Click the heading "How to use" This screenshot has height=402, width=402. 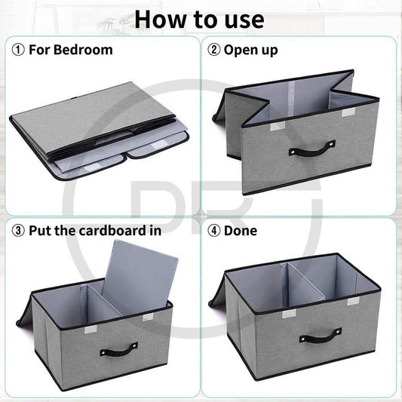tap(200, 18)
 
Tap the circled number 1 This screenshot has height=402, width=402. tap(18, 51)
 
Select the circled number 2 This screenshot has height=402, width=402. tap(215, 51)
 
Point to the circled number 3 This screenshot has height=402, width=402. tap(18, 230)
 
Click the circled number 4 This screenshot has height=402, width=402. tap(215, 230)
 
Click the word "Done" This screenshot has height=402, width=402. tap(241, 230)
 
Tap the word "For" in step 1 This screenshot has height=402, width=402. tap(40, 51)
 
